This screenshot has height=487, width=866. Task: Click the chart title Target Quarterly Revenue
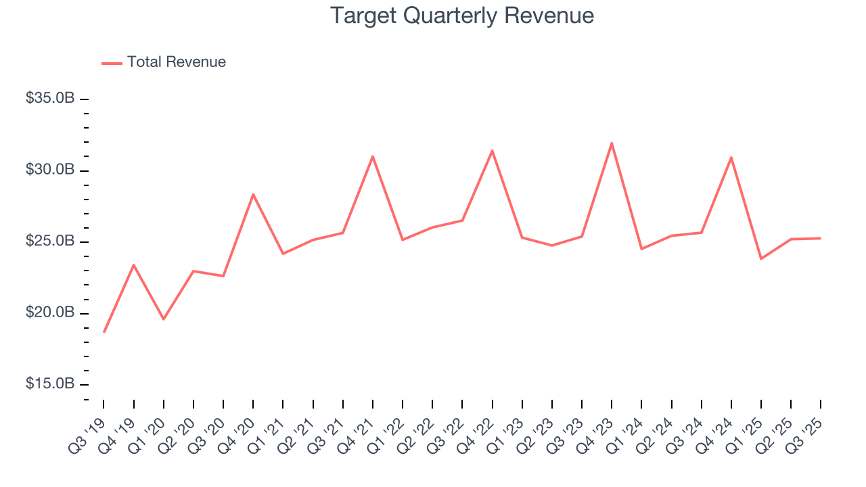(x=462, y=16)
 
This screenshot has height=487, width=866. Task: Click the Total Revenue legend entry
(x=176, y=62)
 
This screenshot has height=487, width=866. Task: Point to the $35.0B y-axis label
(x=50, y=99)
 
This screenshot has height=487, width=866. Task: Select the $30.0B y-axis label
(x=50, y=170)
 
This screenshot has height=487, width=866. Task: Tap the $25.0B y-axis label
(x=50, y=241)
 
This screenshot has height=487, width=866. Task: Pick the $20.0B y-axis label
(x=50, y=313)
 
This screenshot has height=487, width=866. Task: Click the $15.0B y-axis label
(x=50, y=384)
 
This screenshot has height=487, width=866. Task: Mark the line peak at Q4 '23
(x=612, y=143)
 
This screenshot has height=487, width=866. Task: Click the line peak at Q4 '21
(x=373, y=156)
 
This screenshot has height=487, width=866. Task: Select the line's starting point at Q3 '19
(x=104, y=331)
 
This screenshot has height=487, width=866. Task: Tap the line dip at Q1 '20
(x=164, y=319)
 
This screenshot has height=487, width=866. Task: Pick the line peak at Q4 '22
(x=492, y=150)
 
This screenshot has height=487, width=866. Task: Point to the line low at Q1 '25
(x=761, y=259)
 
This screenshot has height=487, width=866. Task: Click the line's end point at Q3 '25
(x=821, y=238)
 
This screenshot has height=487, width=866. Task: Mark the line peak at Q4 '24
(x=731, y=158)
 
